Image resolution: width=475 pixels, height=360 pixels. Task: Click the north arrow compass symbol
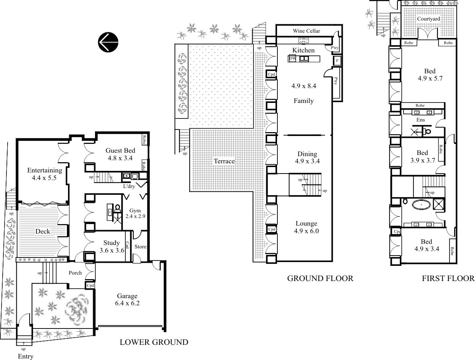click(x=108, y=42)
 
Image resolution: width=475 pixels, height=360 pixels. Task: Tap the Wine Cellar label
click(x=306, y=31)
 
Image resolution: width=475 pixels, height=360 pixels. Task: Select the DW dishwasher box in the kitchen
click(x=292, y=58)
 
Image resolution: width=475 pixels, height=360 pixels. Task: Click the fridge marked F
click(x=337, y=61)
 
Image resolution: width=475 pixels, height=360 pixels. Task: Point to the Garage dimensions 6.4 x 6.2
click(x=127, y=303)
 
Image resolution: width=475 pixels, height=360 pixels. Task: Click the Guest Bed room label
click(x=120, y=150)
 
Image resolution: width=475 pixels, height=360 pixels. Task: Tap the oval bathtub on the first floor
click(x=421, y=204)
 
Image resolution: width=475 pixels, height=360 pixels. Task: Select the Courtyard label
click(x=429, y=19)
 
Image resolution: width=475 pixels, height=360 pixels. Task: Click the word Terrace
click(x=224, y=161)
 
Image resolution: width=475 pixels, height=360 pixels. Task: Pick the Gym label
click(x=135, y=211)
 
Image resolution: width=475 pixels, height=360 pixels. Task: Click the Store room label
click(x=141, y=247)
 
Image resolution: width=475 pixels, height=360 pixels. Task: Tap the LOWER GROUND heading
click(x=154, y=342)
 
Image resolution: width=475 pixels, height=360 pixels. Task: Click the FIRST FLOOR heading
click(x=448, y=278)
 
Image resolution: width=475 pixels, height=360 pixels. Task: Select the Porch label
click(x=75, y=273)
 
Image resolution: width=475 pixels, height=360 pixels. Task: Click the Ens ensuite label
click(x=420, y=120)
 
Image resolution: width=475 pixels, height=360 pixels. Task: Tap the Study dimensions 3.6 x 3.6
click(x=112, y=250)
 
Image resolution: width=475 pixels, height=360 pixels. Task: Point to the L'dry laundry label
click(x=129, y=186)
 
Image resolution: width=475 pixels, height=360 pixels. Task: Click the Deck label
click(x=43, y=231)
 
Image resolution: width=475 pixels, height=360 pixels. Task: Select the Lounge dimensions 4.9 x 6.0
click(x=306, y=231)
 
